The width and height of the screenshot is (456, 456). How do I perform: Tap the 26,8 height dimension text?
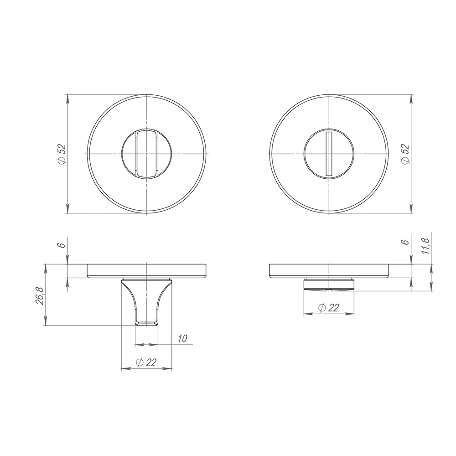coord(40,296)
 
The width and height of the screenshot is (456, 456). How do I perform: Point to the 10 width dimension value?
coord(182,338)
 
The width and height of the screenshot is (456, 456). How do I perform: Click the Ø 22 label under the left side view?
coord(146,363)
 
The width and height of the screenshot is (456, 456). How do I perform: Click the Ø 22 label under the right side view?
coord(329,307)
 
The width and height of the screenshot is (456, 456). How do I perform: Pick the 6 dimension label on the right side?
coord(406,242)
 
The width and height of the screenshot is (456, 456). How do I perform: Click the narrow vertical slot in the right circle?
coord(329,154)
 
